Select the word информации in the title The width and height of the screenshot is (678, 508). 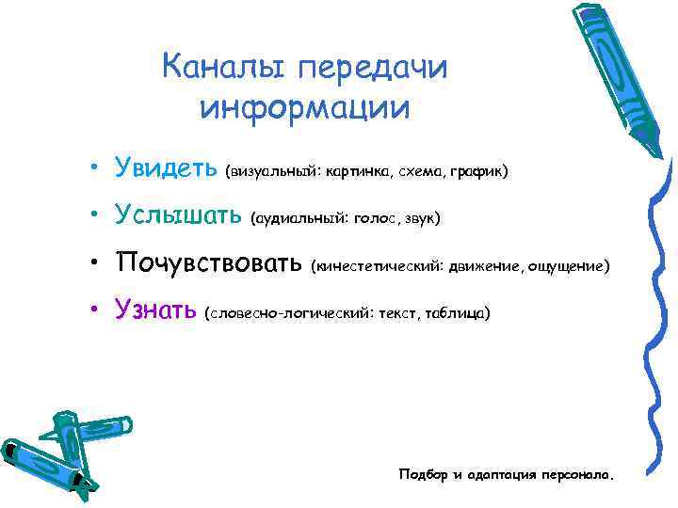tap(306, 106)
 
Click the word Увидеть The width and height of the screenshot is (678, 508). tap(167, 169)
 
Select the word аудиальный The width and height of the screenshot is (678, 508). tap(299, 219)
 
